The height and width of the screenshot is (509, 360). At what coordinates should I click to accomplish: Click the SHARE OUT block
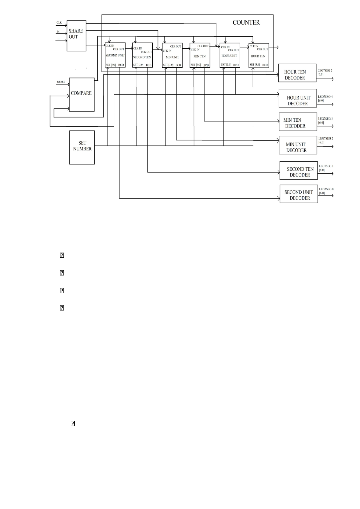pyautogui.click(x=76, y=36)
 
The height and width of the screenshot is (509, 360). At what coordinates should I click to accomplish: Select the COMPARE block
pyautogui.click(x=82, y=94)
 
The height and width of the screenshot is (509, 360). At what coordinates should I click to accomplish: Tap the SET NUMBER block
pyautogui.click(x=82, y=147)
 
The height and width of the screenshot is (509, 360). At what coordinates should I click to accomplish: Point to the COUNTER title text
pyautogui.click(x=246, y=23)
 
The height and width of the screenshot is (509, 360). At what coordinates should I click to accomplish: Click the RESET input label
pyautogui.click(x=61, y=82)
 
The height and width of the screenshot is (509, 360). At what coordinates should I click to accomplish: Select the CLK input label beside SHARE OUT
pyautogui.click(x=59, y=23)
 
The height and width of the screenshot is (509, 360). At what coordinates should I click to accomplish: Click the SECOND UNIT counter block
pyautogui.click(x=115, y=55)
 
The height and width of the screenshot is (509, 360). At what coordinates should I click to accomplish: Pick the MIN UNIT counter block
pyautogui.click(x=172, y=55)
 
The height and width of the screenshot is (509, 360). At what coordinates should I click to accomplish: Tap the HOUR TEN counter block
pyautogui.click(x=259, y=56)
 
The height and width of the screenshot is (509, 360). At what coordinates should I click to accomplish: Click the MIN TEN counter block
pyautogui.click(x=200, y=56)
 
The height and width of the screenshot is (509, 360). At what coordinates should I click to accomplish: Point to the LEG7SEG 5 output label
pyautogui.click(x=325, y=70)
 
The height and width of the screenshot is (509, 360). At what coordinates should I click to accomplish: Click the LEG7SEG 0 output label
pyautogui.click(x=326, y=189)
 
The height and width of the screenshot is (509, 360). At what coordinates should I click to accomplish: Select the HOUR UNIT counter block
pyautogui.click(x=230, y=56)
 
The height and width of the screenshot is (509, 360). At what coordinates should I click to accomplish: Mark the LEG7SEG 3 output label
pyautogui.click(x=325, y=119)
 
